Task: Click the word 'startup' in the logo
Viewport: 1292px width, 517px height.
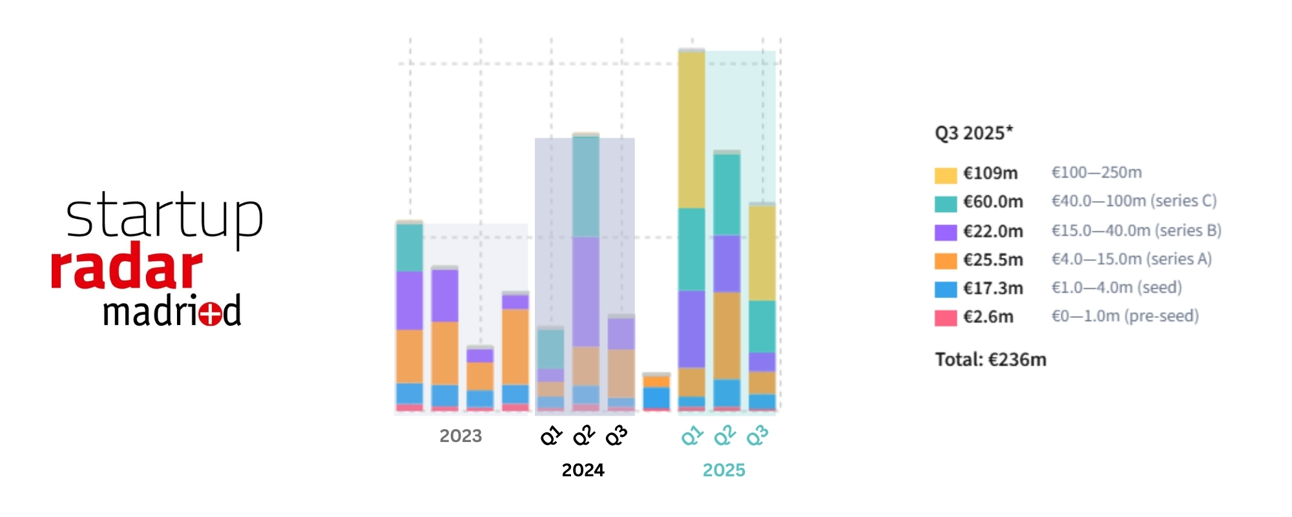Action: [164, 216]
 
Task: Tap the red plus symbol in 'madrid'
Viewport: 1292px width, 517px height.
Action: [211, 314]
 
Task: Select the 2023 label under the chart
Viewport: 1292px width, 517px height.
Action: [461, 436]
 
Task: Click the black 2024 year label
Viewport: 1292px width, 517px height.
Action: [583, 470]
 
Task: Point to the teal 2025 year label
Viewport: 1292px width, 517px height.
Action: [724, 470]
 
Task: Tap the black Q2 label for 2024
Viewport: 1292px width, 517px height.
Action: [584, 436]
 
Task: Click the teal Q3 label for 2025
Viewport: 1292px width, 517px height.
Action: [757, 436]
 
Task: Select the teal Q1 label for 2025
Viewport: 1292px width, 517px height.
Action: [692, 436]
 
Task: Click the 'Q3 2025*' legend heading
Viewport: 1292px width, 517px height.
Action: [974, 133]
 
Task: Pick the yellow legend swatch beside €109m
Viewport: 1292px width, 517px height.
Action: [945, 175]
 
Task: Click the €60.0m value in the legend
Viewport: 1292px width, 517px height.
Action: [993, 202]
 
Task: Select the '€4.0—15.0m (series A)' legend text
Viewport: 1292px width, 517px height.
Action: [1131, 259]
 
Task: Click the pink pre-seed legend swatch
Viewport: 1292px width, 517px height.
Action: [945, 318]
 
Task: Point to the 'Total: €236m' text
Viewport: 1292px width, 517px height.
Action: [990, 359]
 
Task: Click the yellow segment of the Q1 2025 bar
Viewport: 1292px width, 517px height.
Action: [691, 129]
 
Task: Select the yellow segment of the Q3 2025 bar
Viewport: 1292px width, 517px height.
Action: [762, 252]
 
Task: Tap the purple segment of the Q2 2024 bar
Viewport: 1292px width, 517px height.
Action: [585, 291]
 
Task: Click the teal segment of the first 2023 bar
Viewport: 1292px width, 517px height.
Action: [409, 248]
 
